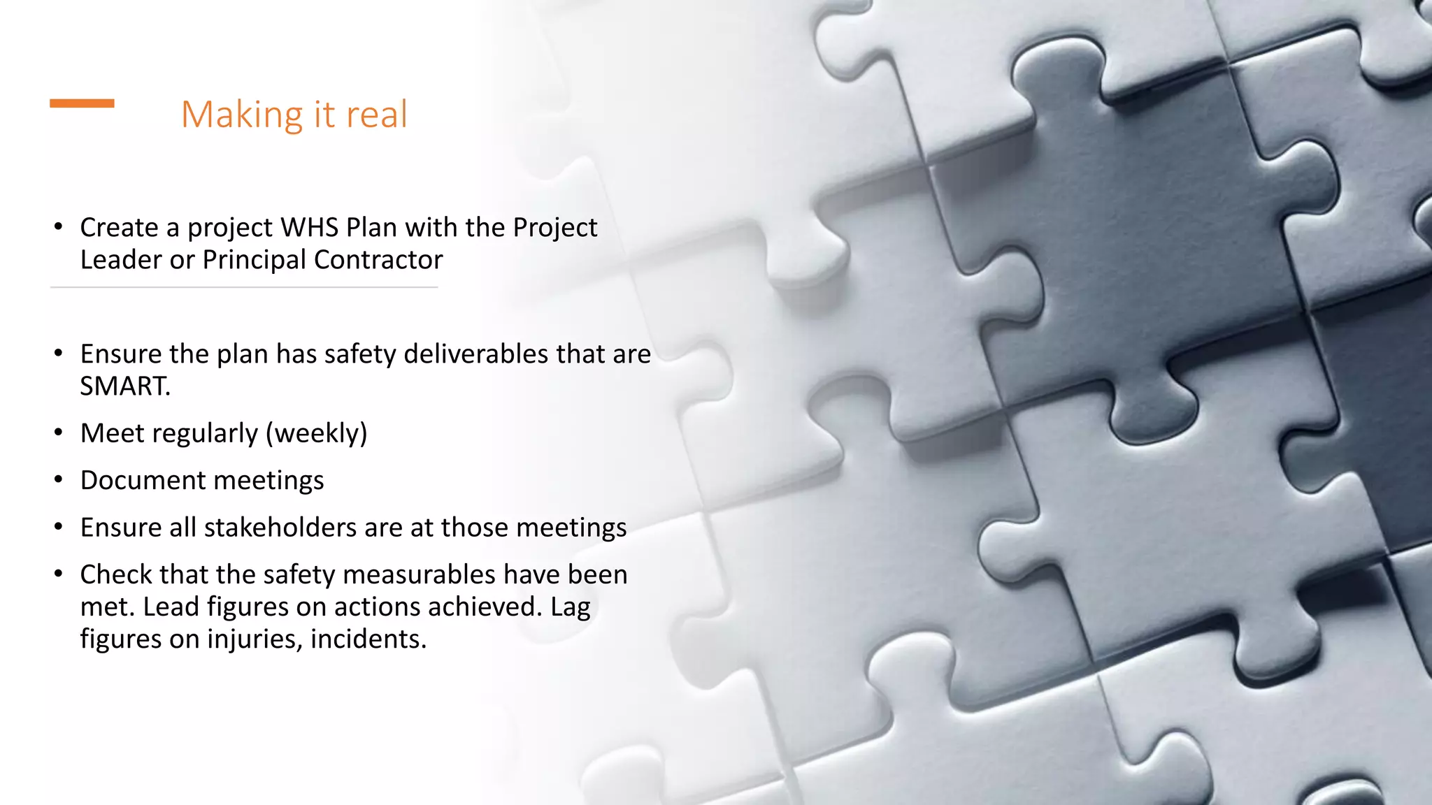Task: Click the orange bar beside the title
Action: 82,103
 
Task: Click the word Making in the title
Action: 242,115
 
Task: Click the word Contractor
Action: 378,260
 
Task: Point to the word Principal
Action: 255,260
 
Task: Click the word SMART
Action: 124,386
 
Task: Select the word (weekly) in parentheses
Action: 316,434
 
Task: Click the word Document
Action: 143,481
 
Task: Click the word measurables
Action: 420,574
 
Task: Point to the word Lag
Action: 571,607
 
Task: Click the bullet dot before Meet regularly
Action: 59,433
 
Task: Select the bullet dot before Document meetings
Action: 59,479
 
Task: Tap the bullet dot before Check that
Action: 59,574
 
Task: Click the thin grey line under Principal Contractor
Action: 244,287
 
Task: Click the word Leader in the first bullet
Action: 121,260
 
